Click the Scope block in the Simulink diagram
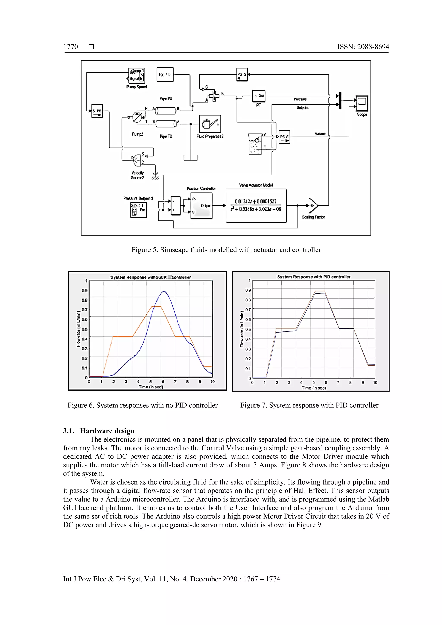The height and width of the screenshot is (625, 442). click(x=362, y=103)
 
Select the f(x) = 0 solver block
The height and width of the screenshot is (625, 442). click(x=165, y=74)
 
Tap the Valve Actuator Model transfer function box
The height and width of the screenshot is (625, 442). click(x=256, y=205)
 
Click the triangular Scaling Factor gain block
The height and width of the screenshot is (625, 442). click(x=313, y=205)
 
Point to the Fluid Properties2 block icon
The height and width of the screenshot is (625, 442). click(x=210, y=124)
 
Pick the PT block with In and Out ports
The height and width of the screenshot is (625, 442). click(x=259, y=96)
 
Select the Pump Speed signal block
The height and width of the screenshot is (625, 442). click(x=137, y=75)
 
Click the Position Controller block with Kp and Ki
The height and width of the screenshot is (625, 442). click(x=201, y=205)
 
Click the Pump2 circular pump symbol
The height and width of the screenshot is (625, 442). click(x=137, y=117)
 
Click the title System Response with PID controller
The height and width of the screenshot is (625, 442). click(x=314, y=277)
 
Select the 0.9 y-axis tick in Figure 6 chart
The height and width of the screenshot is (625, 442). click(x=85, y=290)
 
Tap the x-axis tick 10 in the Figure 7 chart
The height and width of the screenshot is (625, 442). click(x=375, y=382)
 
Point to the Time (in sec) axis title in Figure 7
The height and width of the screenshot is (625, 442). click(x=314, y=388)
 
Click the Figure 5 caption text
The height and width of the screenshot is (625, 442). click(x=226, y=250)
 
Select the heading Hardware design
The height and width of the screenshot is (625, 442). click(x=107, y=431)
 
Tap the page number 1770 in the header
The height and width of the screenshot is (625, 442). click(x=71, y=47)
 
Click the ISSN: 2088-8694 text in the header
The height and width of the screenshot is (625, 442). click(x=363, y=47)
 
